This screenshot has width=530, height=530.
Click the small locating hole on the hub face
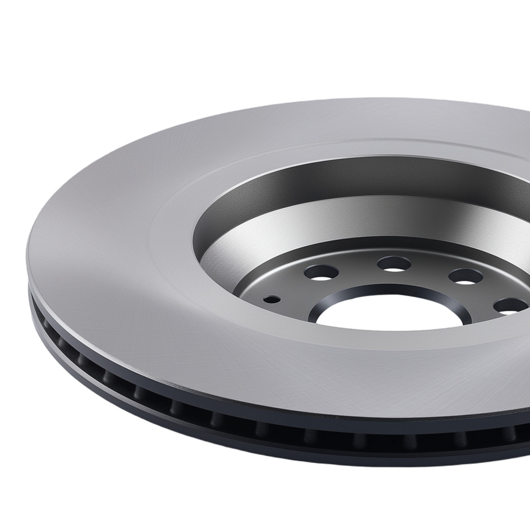coord(272,299)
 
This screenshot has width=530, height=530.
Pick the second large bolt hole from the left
coord(394,263)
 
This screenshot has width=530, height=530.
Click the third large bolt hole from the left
coord(465,276)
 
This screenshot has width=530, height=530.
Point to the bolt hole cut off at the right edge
coord(511,306)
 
